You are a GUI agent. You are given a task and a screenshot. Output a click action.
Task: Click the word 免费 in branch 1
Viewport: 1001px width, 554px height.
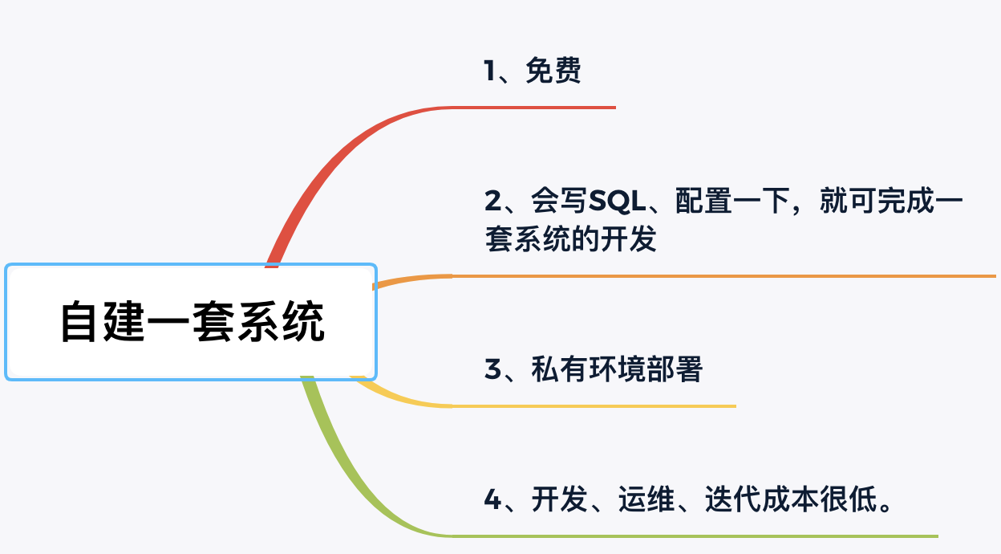click(553, 72)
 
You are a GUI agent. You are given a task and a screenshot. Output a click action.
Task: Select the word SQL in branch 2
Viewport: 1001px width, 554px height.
click(617, 202)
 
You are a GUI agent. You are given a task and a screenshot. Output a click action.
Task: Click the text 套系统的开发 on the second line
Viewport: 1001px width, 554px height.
click(571, 239)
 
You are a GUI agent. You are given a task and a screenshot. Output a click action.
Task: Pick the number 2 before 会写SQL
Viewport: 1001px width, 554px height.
click(492, 202)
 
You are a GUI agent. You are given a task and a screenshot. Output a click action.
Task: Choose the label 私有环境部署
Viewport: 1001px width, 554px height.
click(616, 370)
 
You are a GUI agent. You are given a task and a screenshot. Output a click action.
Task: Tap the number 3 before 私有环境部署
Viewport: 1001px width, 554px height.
click(492, 370)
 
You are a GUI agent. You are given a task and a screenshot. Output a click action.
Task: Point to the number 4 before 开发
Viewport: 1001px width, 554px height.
click(492, 501)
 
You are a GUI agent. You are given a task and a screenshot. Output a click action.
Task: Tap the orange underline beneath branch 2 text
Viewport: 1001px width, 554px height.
click(722, 276)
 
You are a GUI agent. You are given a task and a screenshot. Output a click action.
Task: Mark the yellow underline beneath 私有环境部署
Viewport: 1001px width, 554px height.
click(594, 406)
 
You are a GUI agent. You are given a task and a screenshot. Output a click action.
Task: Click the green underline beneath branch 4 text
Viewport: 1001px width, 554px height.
click(690, 536)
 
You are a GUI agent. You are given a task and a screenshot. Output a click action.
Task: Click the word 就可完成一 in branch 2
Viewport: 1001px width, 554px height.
click(890, 202)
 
